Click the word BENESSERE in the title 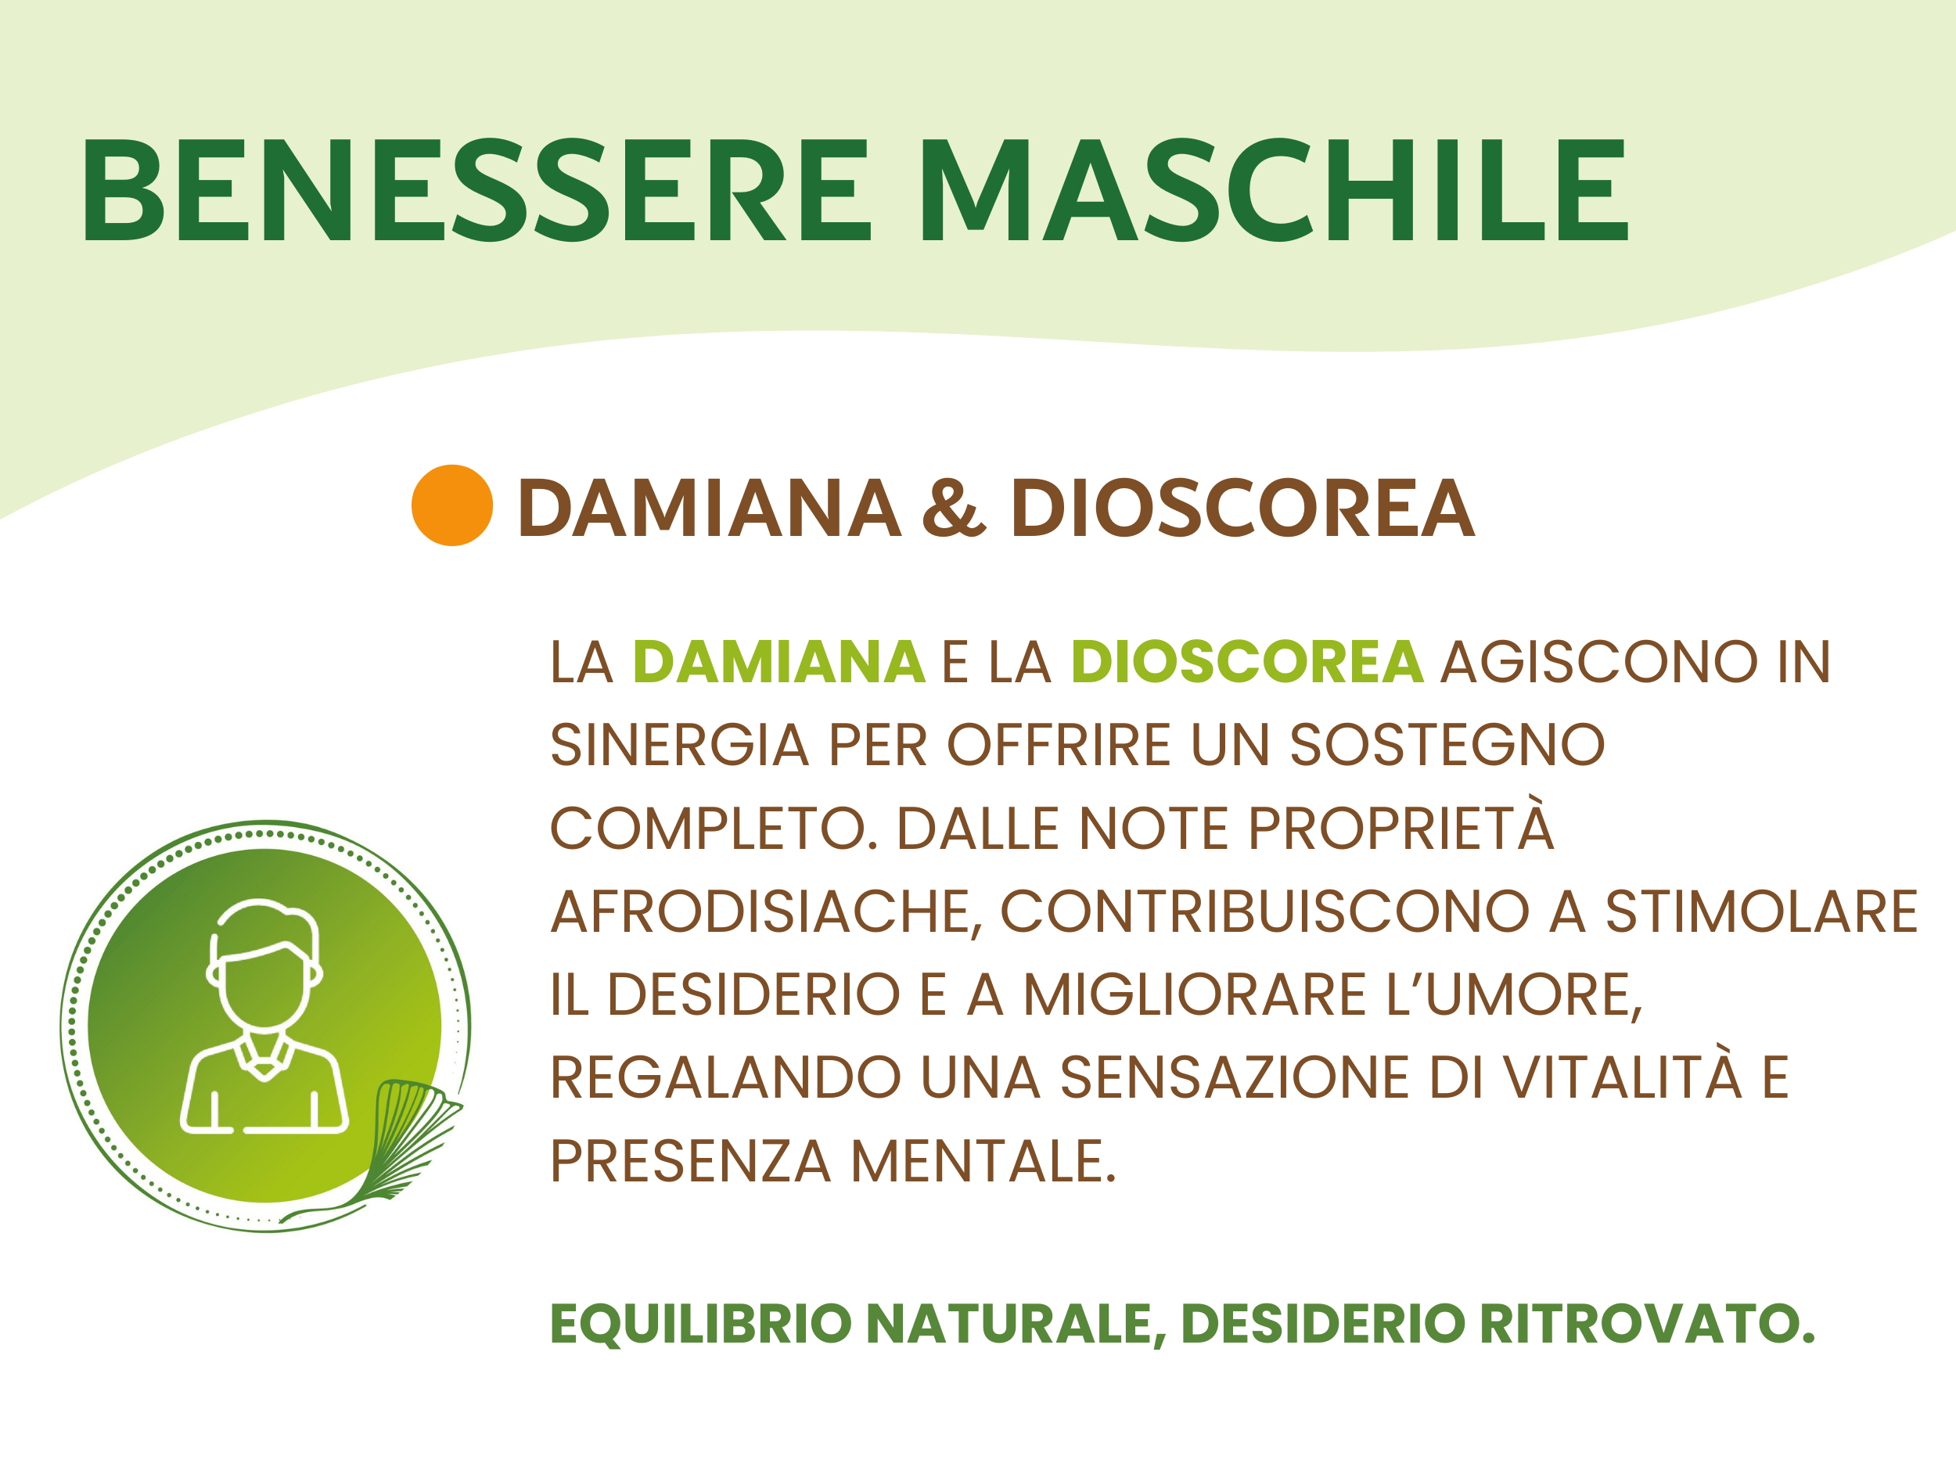click(x=478, y=189)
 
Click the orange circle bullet click(x=452, y=505)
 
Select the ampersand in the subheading click(x=953, y=508)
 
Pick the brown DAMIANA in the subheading click(x=709, y=508)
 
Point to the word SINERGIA click(x=679, y=745)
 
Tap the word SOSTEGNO click(x=1447, y=745)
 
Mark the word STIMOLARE click(x=1761, y=911)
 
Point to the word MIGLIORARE click(x=1196, y=994)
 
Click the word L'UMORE click(x=1514, y=994)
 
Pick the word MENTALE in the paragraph click(x=983, y=1161)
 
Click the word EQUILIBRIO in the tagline click(x=700, y=1324)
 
